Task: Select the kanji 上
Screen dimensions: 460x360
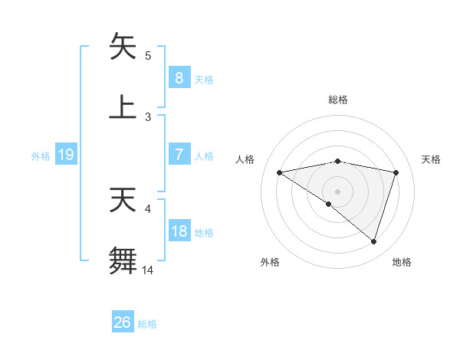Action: point(123,106)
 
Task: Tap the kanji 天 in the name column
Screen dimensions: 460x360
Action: point(123,201)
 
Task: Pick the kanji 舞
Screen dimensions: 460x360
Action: point(123,260)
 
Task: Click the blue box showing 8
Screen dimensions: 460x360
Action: point(179,77)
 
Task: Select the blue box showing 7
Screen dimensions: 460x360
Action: point(179,155)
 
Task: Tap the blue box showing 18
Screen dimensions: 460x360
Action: point(179,231)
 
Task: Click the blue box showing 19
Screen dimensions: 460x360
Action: point(66,155)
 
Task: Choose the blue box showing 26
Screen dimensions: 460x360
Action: point(123,322)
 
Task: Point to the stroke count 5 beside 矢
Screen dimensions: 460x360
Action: point(148,55)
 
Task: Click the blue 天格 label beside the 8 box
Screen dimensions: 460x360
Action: point(204,79)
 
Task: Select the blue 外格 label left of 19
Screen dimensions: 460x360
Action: point(41,155)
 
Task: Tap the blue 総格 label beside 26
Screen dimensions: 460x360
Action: point(148,324)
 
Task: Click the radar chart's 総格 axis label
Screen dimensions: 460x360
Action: point(338,100)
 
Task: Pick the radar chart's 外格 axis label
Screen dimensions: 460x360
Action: point(270,262)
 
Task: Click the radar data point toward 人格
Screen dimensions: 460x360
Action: point(280,172)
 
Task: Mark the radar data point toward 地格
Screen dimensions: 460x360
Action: point(374,241)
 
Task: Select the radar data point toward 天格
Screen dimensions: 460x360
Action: point(396,172)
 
